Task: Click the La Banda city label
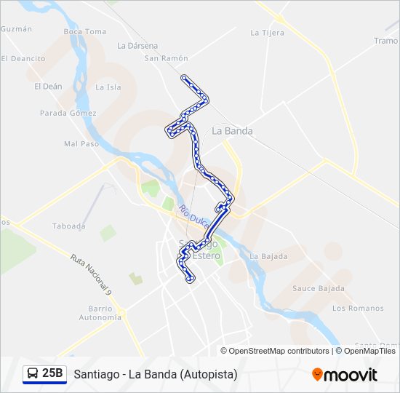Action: point(232,131)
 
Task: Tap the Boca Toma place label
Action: point(84,31)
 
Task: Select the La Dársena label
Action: point(137,45)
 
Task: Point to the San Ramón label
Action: point(166,58)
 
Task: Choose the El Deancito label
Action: point(23,58)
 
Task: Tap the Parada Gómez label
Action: point(68,114)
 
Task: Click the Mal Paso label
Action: point(81,144)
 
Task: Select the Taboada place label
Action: point(69,226)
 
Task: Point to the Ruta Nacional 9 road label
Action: point(91,274)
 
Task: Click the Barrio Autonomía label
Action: point(100,313)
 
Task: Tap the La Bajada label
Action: point(268,256)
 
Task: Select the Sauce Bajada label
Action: point(318,288)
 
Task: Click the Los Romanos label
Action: point(358,309)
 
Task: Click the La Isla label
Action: point(108,87)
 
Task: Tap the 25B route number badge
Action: point(52,373)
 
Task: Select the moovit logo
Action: point(345,374)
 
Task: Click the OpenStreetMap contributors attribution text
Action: point(279,351)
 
